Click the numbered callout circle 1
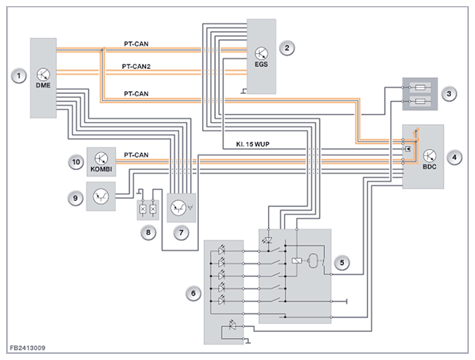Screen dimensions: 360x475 click(x=20, y=74)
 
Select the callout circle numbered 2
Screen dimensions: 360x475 click(x=289, y=47)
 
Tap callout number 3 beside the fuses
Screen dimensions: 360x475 click(x=449, y=94)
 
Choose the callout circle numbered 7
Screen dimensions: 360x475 click(x=181, y=232)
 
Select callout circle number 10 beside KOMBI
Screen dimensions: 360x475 click(x=76, y=163)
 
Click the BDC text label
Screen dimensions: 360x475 click(x=430, y=167)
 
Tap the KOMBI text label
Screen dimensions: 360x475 click(x=100, y=171)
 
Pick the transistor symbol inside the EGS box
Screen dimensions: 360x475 click(x=262, y=51)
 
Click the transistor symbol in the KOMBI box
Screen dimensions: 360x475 click(x=101, y=160)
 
